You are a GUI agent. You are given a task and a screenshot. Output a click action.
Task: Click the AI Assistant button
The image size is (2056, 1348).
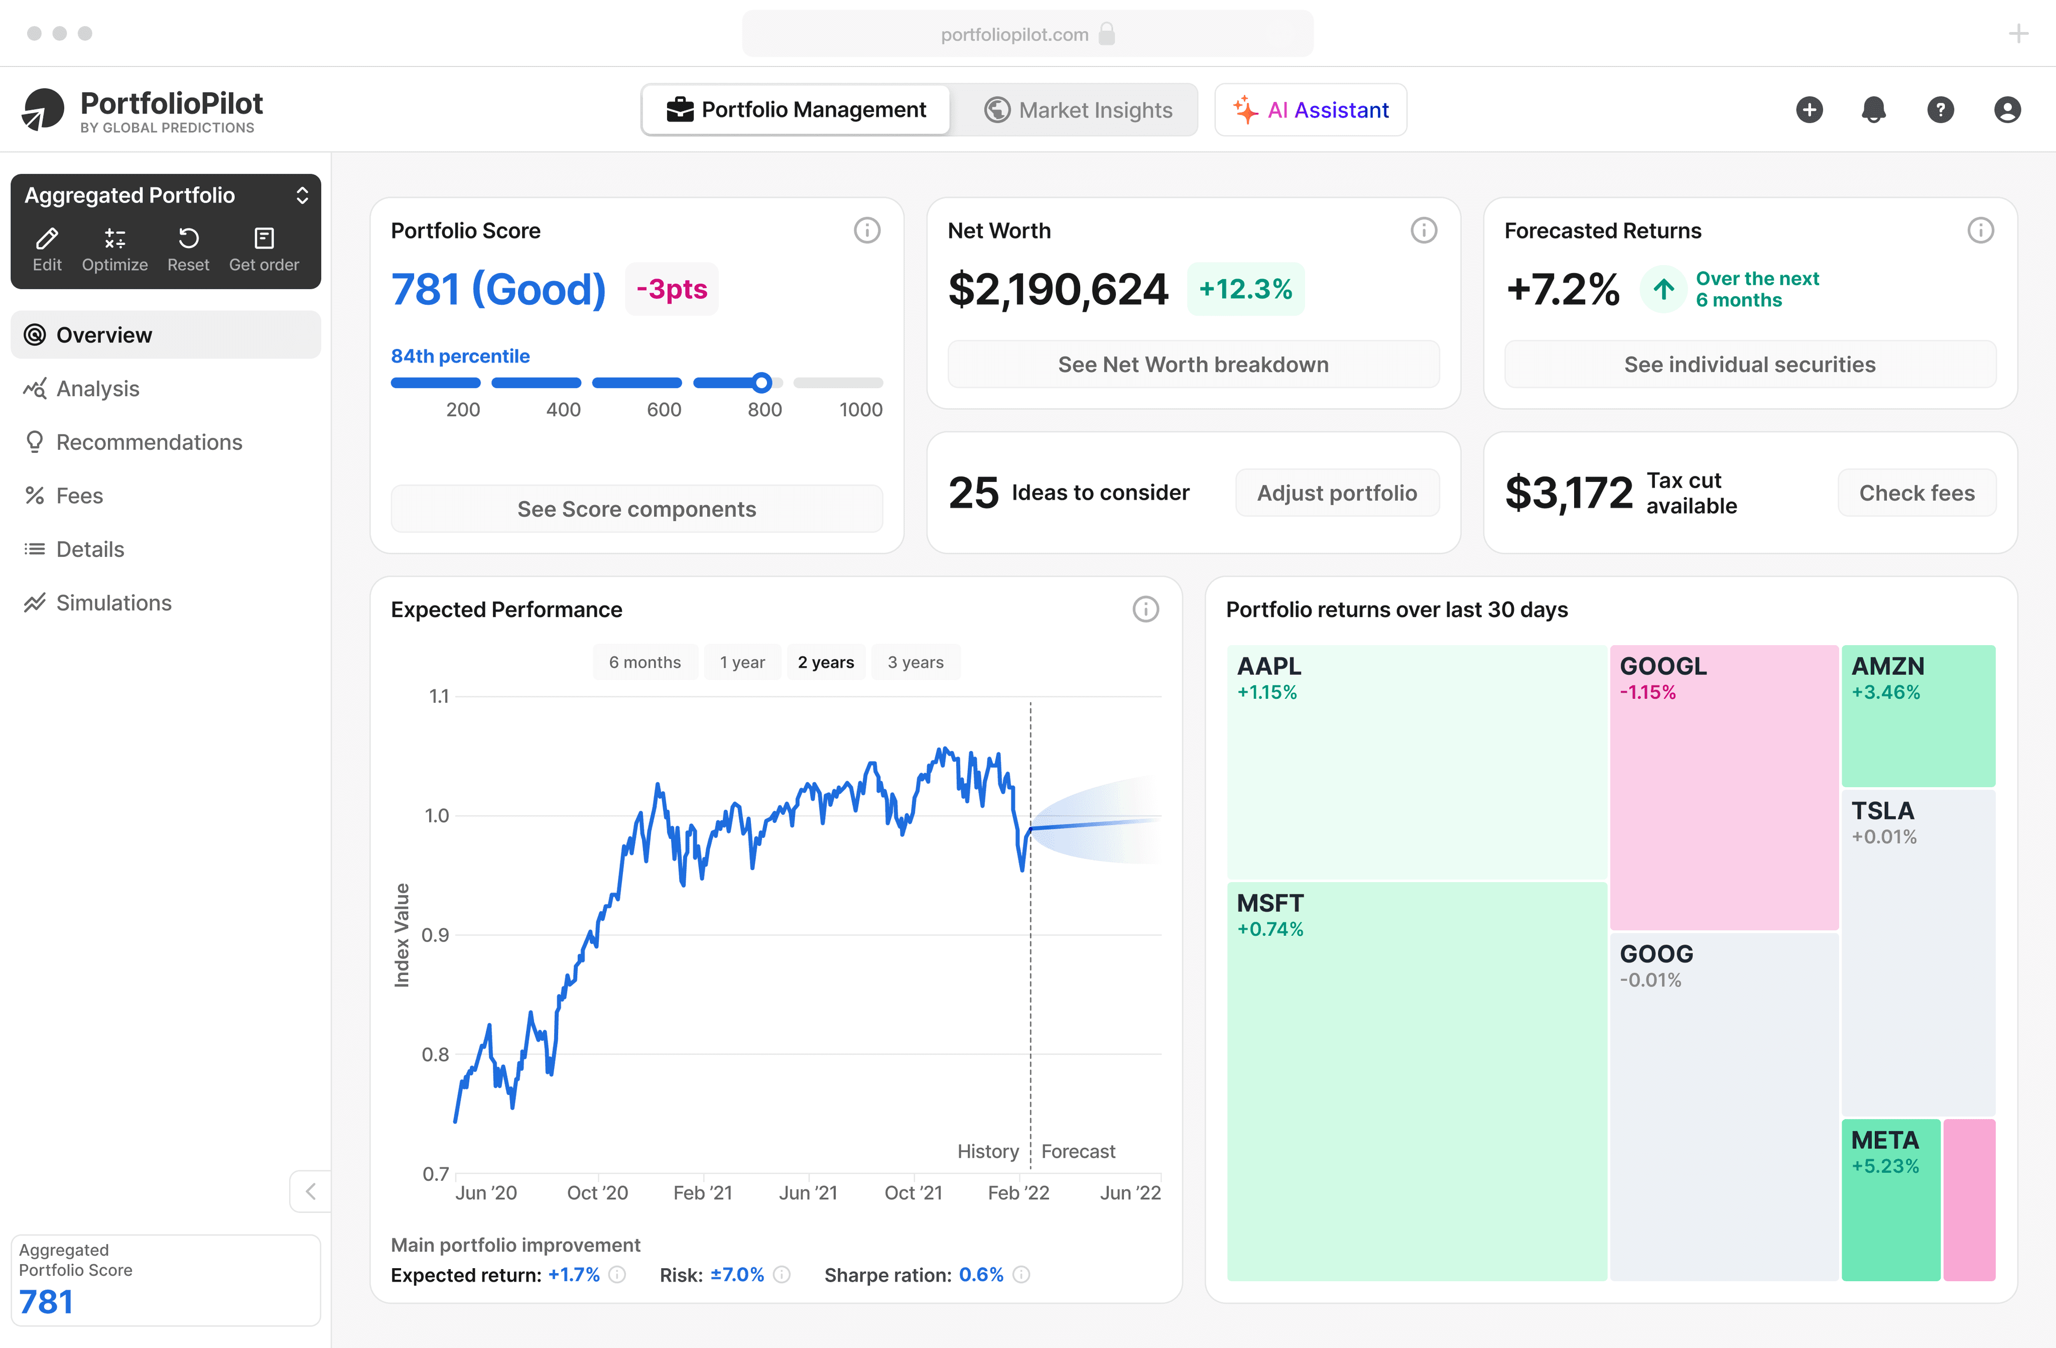(x=1311, y=110)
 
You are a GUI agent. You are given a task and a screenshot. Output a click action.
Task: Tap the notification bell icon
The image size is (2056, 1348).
(x=1874, y=110)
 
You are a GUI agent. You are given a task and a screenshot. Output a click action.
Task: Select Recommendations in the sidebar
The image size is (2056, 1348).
(x=149, y=442)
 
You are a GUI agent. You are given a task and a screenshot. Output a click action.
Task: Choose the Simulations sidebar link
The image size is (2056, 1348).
(x=113, y=603)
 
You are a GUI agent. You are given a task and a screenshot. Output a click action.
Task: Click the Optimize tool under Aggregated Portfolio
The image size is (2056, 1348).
(x=115, y=250)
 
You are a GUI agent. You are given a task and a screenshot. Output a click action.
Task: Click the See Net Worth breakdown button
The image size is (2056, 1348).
(x=1193, y=364)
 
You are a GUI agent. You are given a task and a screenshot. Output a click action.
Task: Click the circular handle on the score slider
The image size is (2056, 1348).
(x=761, y=382)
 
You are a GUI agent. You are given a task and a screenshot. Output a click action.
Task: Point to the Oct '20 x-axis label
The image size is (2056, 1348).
(x=597, y=1192)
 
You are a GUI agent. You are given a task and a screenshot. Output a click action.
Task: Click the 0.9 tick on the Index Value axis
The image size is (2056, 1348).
(x=435, y=935)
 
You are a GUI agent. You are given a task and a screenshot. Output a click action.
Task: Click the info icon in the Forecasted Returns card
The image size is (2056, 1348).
(x=1980, y=231)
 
